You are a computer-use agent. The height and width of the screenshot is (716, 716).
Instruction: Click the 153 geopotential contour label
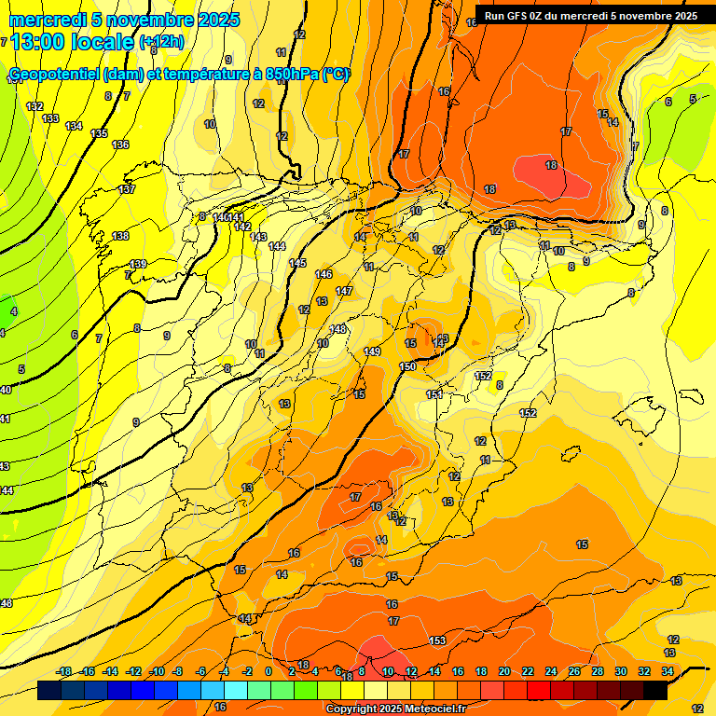(x=437, y=640)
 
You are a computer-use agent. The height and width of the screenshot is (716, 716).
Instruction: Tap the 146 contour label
(x=324, y=274)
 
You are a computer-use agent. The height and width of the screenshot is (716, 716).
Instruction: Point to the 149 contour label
(x=372, y=351)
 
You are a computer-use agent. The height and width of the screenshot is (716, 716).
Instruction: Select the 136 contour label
(x=120, y=145)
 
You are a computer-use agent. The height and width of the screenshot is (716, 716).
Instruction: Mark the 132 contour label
(x=34, y=107)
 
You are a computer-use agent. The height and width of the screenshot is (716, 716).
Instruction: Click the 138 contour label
(x=120, y=236)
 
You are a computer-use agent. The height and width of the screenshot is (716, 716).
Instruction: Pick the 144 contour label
(x=277, y=246)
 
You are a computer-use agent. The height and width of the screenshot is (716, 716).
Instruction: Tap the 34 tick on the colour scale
(x=668, y=671)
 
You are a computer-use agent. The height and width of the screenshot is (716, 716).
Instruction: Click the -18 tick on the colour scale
(x=64, y=671)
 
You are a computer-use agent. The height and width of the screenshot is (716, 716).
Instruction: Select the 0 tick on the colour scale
(x=268, y=671)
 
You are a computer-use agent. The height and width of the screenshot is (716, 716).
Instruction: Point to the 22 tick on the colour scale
(x=528, y=671)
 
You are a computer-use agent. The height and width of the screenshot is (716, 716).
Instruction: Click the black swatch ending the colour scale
(x=655, y=691)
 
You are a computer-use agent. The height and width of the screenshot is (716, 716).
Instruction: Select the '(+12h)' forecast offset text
(x=161, y=42)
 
